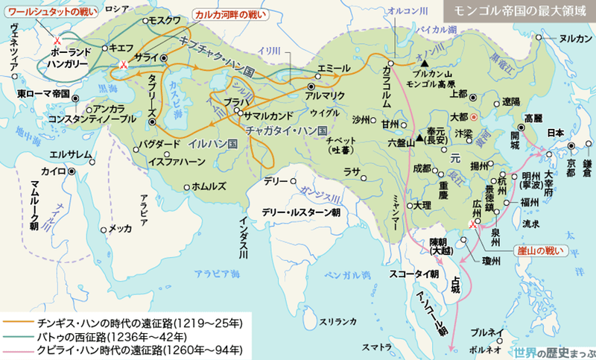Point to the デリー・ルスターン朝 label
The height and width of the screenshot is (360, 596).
301,212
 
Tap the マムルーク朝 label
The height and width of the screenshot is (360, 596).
40,187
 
